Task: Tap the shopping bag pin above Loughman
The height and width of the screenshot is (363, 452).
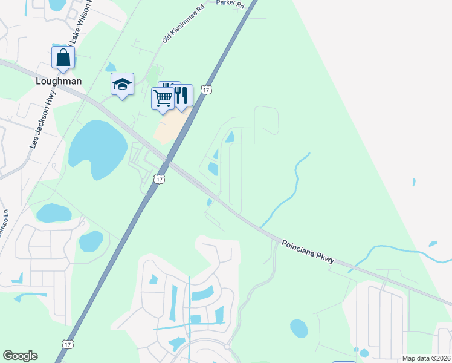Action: point(63,59)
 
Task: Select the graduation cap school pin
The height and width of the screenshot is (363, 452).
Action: point(122,85)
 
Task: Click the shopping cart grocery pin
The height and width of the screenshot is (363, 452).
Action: point(163,98)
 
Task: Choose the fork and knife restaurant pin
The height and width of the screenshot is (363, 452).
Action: point(181,94)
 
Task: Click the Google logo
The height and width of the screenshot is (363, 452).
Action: point(20,356)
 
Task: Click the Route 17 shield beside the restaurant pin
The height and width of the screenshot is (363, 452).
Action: point(207,90)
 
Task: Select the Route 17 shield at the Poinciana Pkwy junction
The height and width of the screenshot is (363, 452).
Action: point(159,179)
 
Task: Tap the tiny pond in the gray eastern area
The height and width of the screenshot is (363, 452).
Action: point(413,181)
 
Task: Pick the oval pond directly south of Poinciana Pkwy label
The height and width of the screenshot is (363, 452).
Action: point(299,328)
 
